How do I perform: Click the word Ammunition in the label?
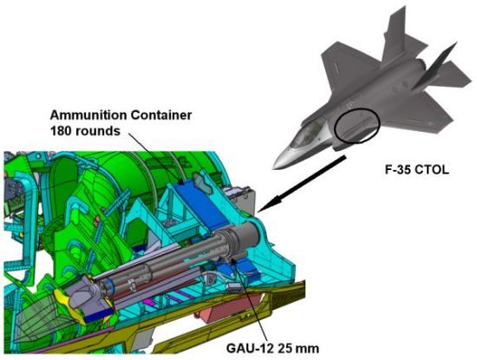coord(88,115)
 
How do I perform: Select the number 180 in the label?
coord(61,131)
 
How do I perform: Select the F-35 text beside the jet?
coord(397,169)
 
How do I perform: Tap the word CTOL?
coord(432,169)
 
